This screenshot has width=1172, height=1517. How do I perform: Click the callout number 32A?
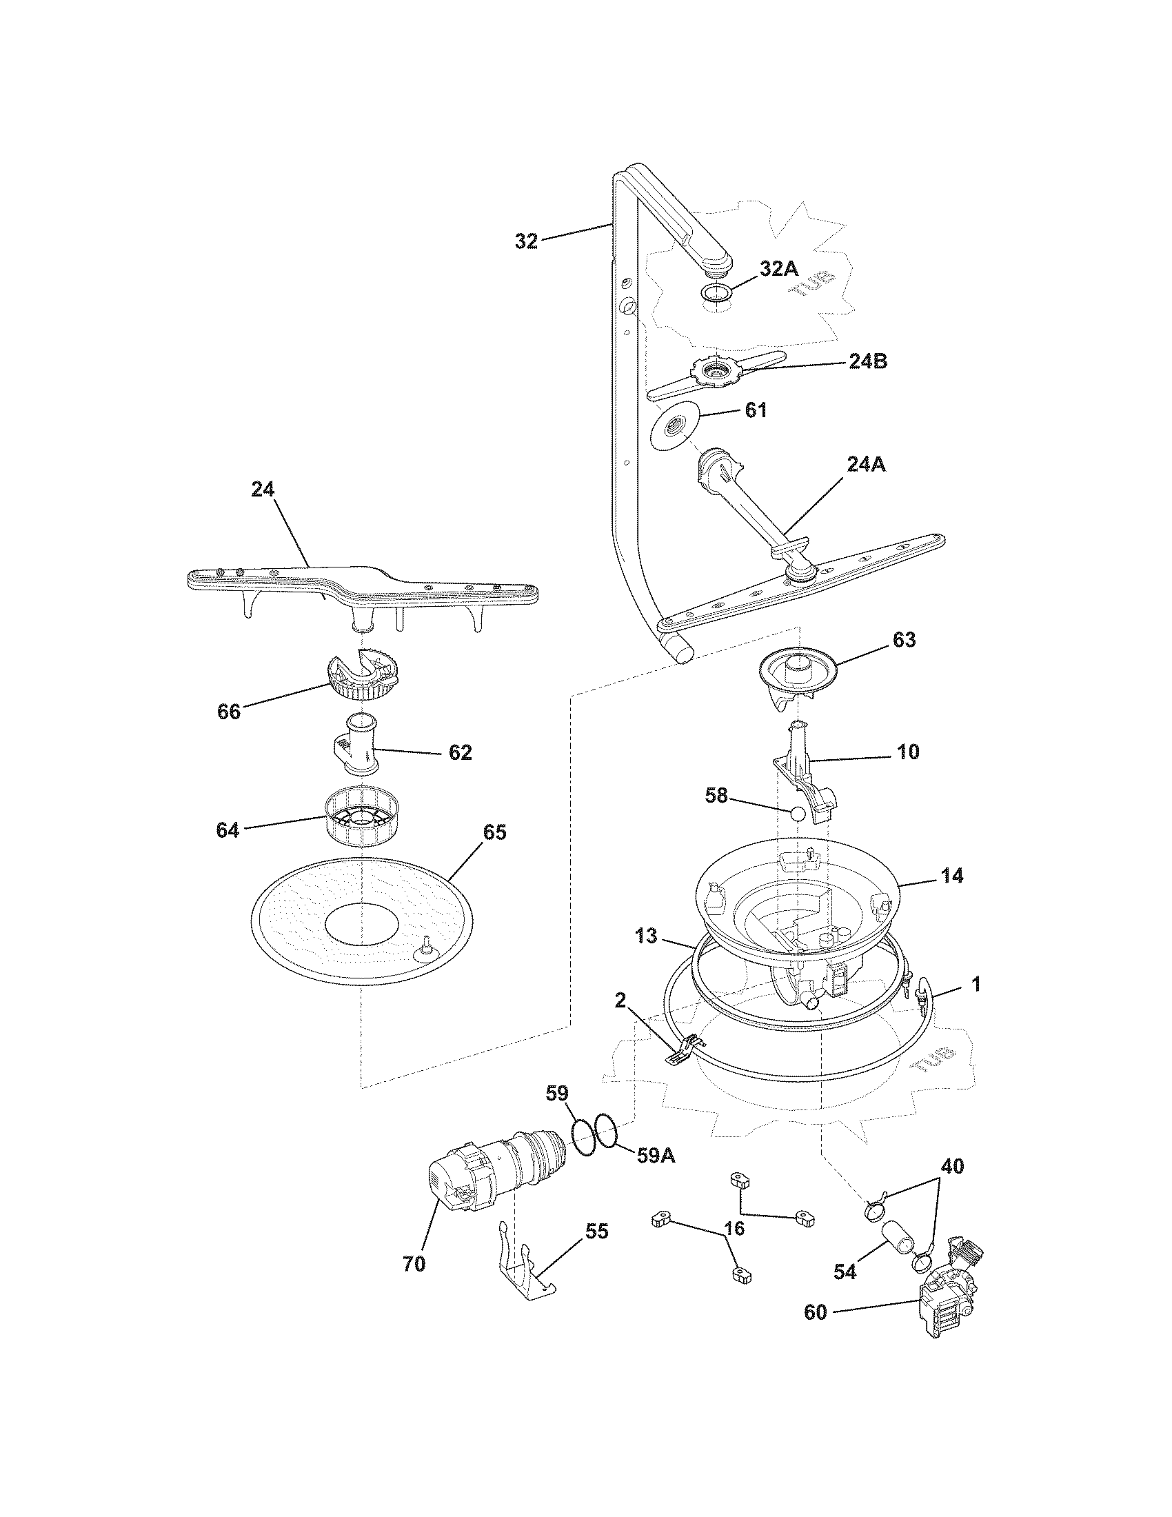coord(779,270)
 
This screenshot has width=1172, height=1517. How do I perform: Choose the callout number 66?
coord(229,712)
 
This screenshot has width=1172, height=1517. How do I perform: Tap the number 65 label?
coord(494,832)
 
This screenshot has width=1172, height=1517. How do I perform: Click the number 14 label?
coord(953,876)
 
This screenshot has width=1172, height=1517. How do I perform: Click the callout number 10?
coord(908,751)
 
